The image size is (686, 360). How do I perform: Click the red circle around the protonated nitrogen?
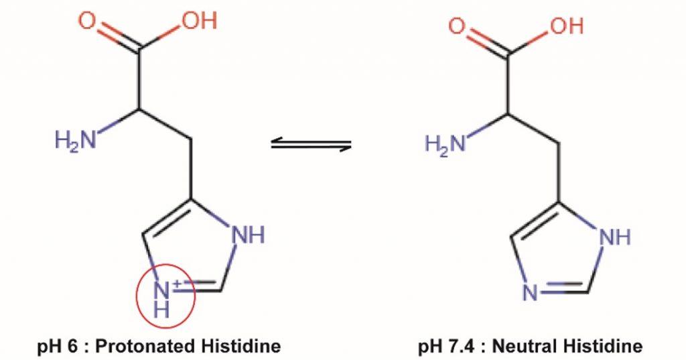pyautogui.click(x=164, y=296)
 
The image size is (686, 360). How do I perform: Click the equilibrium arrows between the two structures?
pyautogui.click(x=311, y=143)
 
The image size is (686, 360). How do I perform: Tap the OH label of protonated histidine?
pyautogui.click(x=200, y=21)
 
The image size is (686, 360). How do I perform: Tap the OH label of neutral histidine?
pyautogui.click(x=567, y=26)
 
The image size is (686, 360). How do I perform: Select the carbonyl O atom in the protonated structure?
pyautogui.click(x=88, y=20)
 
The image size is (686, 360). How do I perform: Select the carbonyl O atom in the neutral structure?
pyautogui.click(x=457, y=25)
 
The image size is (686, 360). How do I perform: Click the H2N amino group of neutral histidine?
pyautogui.click(x=445, y=143)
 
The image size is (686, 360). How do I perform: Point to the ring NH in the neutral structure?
pyautogui.click(x=615, y=237)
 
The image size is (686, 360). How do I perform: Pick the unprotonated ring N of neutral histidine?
pyautogui.click(x=531, y=292)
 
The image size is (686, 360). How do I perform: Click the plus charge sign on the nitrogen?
pyautogui.click(x=178, y=284)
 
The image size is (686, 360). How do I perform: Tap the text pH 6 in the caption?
pyautogui.click(x=57, y=347)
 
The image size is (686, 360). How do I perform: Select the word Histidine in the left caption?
pyautogui.click(x=241, y=346)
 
